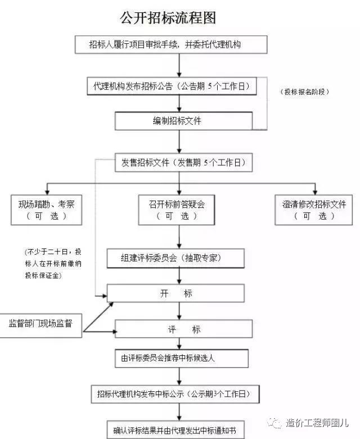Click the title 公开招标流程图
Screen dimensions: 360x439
[168, 17]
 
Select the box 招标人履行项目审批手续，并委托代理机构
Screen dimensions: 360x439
[171, 44]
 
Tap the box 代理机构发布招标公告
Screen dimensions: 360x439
[172, 86]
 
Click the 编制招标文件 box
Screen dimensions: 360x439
[183, 121]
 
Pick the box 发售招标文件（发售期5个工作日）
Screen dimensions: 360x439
[183, 162]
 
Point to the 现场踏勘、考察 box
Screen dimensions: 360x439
[47, 210]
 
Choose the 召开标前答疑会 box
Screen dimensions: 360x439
[177, 210]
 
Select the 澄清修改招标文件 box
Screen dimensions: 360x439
[313, 210]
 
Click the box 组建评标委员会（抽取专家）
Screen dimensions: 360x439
[175, 258]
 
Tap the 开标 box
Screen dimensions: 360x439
[175, 293]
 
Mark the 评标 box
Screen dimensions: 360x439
[183, 329]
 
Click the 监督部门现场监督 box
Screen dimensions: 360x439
[40, 325]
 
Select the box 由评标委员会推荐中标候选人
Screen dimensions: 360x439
[182, 359]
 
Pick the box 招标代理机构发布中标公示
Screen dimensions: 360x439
[175, 394]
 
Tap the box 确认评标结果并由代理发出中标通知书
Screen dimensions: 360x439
[175, 429]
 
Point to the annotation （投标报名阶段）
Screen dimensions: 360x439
[304, 92]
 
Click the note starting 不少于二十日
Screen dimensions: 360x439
[53, 264]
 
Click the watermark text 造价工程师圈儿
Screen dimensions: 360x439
[317, 423]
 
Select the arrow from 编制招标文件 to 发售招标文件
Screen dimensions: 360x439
[179, 142]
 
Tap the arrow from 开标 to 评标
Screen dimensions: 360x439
[179, 311]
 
